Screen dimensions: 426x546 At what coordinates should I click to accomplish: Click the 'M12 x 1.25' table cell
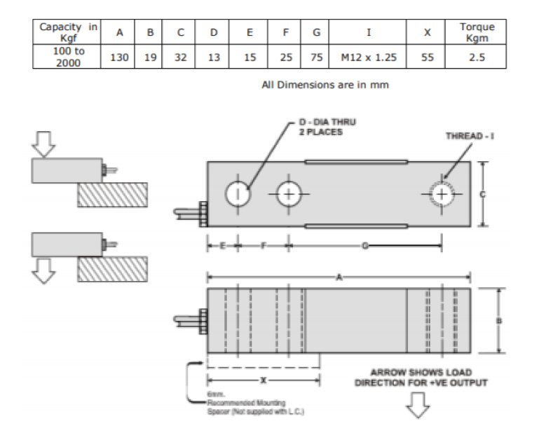[369, 57]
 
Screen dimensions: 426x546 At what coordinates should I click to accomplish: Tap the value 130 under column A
[119, 57]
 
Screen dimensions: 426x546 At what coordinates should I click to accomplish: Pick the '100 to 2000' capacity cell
[67, 57]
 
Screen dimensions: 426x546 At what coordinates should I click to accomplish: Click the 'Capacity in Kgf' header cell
[67, 32]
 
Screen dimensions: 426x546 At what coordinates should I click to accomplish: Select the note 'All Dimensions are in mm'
[325, 85]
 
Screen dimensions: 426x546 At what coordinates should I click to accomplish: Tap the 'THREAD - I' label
[469, 135]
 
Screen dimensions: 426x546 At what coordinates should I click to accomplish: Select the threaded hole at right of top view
[442, 193]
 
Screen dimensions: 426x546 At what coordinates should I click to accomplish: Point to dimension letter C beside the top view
[482, 194]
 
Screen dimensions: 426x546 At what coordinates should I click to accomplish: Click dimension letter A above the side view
[339, 278]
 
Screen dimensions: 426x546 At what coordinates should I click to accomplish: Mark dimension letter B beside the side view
[498, 321]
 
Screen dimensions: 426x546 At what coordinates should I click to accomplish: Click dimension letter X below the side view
[263, 380]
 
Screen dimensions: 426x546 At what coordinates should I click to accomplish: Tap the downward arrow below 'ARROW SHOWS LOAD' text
[419, 404]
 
